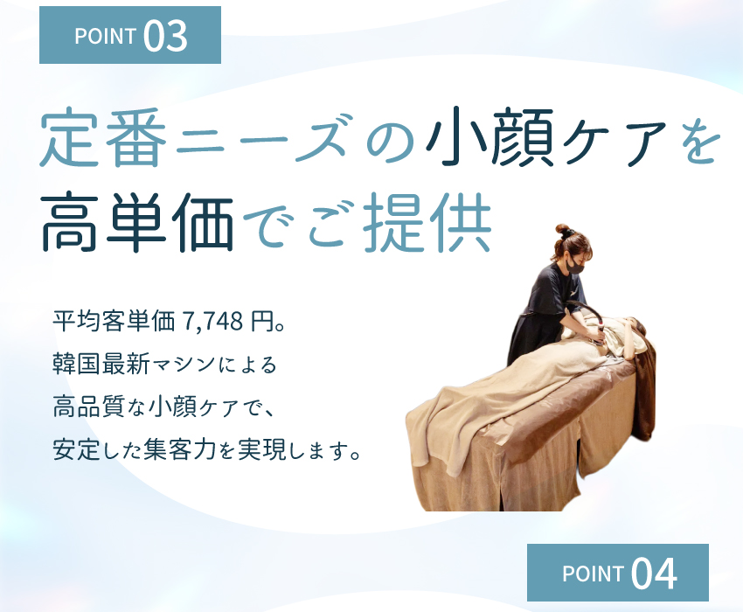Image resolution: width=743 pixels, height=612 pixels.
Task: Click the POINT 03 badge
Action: [130, 35]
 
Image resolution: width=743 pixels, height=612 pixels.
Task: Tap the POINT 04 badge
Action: [618, 573]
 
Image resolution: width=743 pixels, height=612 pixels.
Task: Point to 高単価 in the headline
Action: [137, 221]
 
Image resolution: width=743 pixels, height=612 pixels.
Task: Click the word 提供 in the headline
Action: [427, 221]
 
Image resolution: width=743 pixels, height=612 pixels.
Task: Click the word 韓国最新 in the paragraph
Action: [101, 365]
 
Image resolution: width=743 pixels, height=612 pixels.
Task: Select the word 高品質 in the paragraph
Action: [88, 407]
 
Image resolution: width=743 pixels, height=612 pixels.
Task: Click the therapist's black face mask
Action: [576, 267]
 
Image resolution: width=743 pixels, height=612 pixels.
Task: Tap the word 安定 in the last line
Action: [76, 449]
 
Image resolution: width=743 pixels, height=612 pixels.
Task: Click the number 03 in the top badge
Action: [165, 36]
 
